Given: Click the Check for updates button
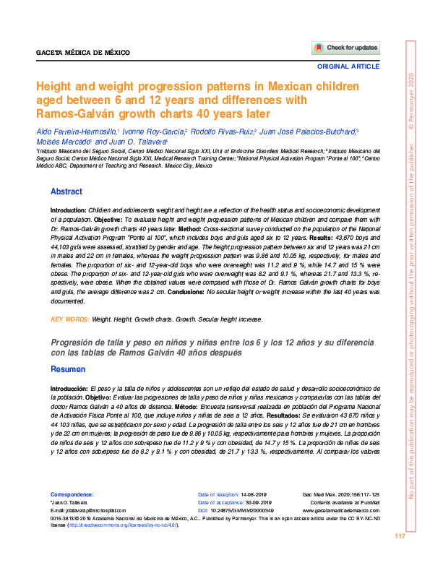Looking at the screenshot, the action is [345, 48].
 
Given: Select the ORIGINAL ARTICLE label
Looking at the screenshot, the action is [348, 66].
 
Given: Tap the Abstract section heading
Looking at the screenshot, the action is [66, 191].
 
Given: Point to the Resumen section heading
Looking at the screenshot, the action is [68, 369].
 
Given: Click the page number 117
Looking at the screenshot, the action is [400, 536].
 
